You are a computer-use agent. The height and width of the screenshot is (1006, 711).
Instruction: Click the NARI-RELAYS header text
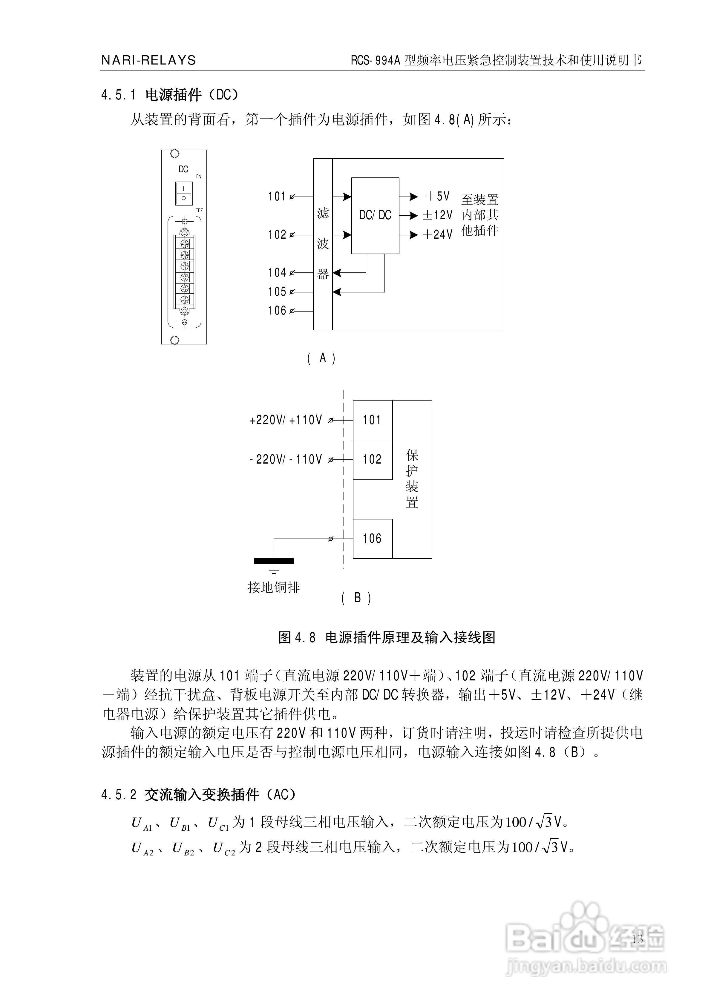coord(148,60)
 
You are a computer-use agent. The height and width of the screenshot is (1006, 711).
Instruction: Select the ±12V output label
coord(437,215)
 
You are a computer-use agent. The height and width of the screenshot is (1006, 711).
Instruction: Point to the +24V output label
coord(437,234)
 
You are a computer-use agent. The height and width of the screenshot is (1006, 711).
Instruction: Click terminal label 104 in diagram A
coord(277,272)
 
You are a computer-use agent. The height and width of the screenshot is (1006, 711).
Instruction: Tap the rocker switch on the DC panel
coord(184,193)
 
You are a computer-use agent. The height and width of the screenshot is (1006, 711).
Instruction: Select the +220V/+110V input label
coord(286,420)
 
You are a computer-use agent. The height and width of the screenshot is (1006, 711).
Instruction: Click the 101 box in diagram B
coord(372,420)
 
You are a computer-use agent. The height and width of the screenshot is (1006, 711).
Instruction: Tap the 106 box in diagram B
coord(372,539)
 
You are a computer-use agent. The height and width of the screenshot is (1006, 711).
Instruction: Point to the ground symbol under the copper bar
coord(274,571)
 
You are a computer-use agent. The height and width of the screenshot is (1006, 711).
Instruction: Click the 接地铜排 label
coord(274,587)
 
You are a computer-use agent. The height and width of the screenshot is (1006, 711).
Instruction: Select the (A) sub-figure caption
coord(322,358)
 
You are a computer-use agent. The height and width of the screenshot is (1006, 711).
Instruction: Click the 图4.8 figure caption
coord(387,637)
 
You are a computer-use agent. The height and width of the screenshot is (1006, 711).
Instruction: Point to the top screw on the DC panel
coord(174,154)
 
